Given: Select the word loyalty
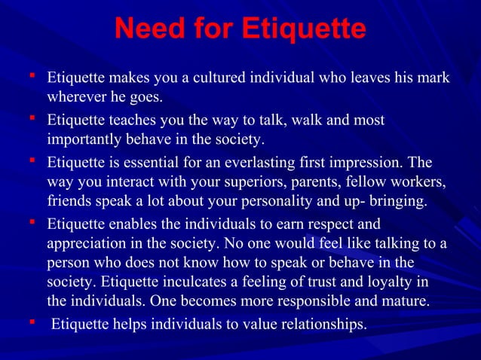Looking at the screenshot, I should pos(391,283).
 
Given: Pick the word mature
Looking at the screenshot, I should pos(407,302).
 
